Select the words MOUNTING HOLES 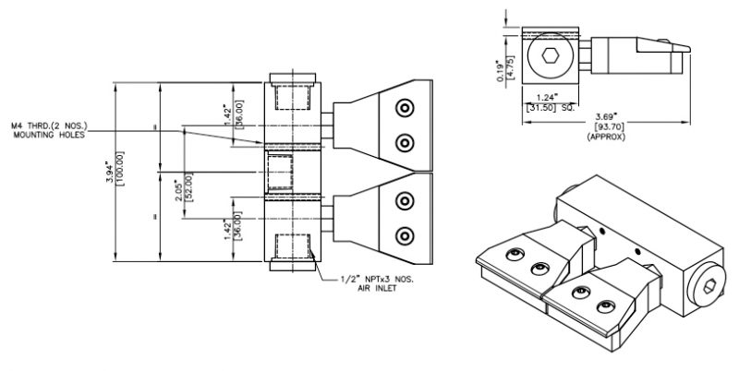[48, 135]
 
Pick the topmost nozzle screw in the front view [404, 108]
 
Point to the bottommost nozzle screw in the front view [404, 234]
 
